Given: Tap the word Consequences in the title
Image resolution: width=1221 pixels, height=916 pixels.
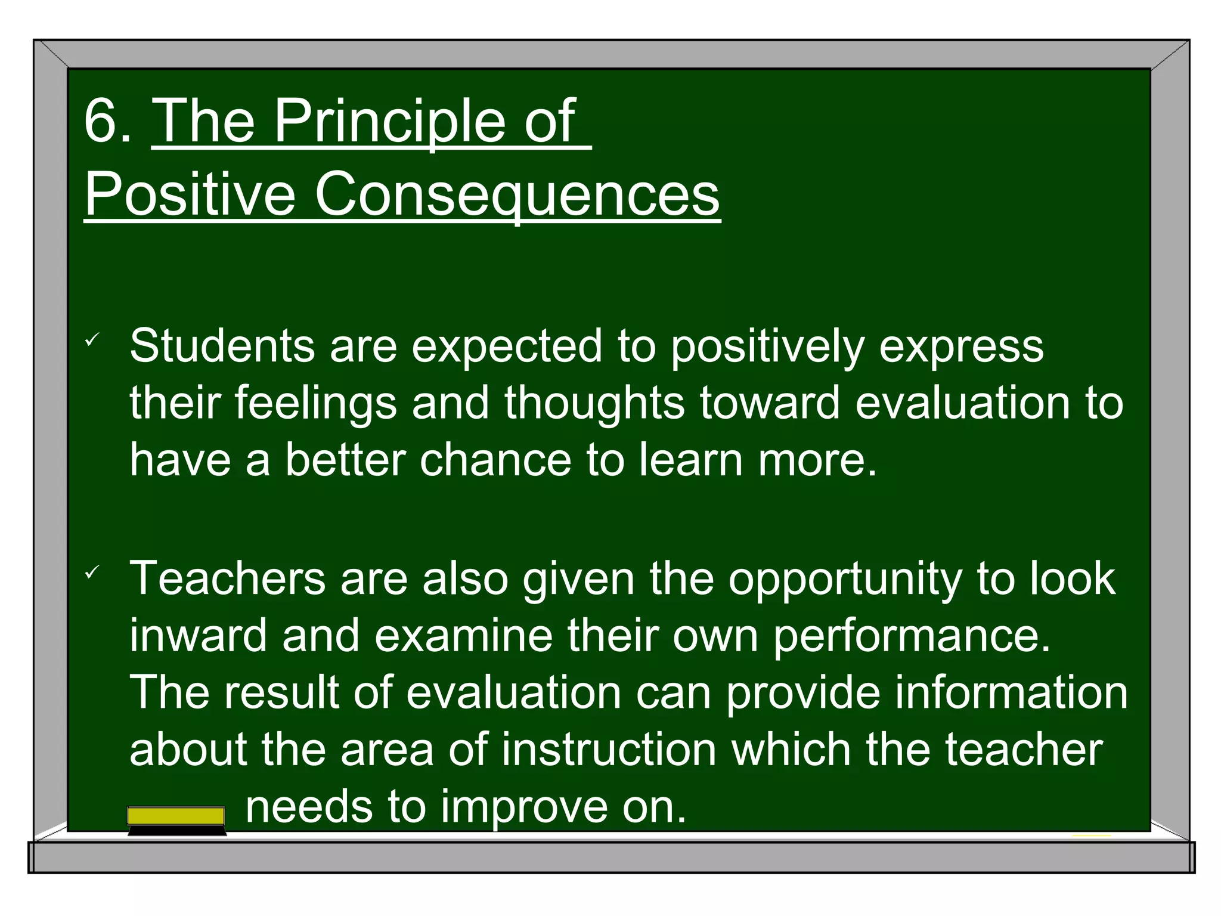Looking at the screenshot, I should [517, 194].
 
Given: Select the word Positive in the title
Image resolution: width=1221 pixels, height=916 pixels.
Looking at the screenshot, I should [190, 194].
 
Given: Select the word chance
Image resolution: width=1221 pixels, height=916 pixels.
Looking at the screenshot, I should [495, 460].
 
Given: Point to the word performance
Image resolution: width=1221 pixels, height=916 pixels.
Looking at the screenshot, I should [912, 637].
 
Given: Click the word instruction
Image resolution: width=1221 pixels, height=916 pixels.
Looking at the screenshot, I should [609, 750].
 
